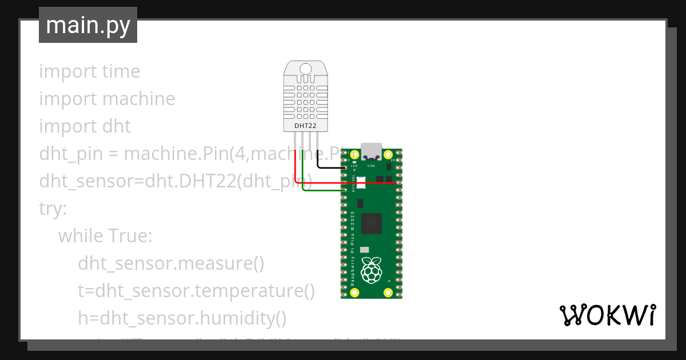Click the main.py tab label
click(88, 25)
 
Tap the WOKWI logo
click(607, 315)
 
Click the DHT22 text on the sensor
click(305, 125)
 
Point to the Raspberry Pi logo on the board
click(373, 270)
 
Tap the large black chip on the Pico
click(373, 223)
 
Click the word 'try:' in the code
click(53, 208)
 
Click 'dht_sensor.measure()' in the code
click(171, 263)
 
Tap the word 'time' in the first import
click(121, 71)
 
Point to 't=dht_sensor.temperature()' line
click(196, 290)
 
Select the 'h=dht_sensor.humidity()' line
click(182, 318)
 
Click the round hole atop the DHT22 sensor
click(306, 68)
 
